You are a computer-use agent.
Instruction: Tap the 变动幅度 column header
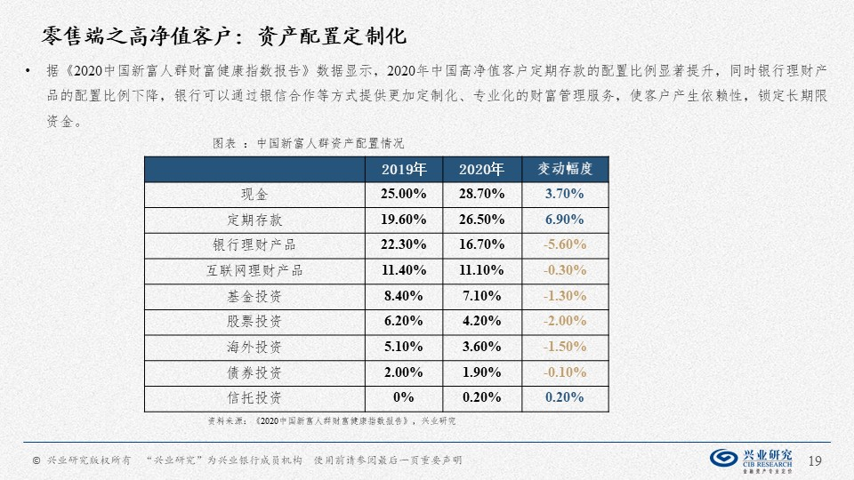point(565,169)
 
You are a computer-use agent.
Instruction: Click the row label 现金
point(254,194)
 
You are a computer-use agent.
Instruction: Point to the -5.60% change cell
point(565,244)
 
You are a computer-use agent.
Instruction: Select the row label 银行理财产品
point(254,244)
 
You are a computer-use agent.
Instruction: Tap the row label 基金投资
point(254,296)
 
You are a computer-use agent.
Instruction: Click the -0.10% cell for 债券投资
point(565,372)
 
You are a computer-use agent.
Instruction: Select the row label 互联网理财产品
point(254,270)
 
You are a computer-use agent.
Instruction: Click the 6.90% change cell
point(565,220)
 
